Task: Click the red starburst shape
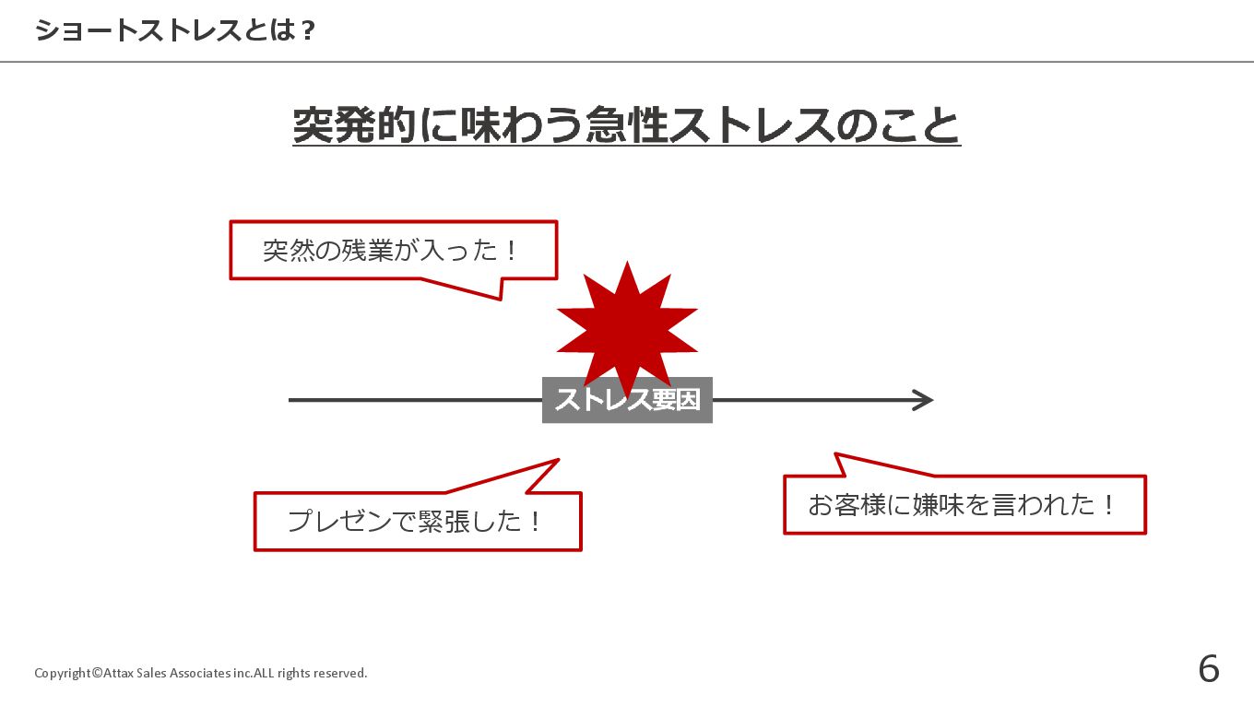coord(627,328)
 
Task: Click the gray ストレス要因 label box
coord(627,401)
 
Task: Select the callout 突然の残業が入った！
coord(393,250)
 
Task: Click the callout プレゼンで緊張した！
coord(417,522)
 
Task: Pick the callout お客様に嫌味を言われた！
coord(964,505)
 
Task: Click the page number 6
coord(1208,669)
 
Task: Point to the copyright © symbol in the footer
coord(97,673)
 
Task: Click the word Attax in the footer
coord(118,673)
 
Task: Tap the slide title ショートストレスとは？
coord(175,31)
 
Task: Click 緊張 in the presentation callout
coord(444,522)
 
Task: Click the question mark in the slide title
coord(308,31)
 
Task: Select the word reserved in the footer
coord(340,673)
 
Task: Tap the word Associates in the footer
coord(200,673)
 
